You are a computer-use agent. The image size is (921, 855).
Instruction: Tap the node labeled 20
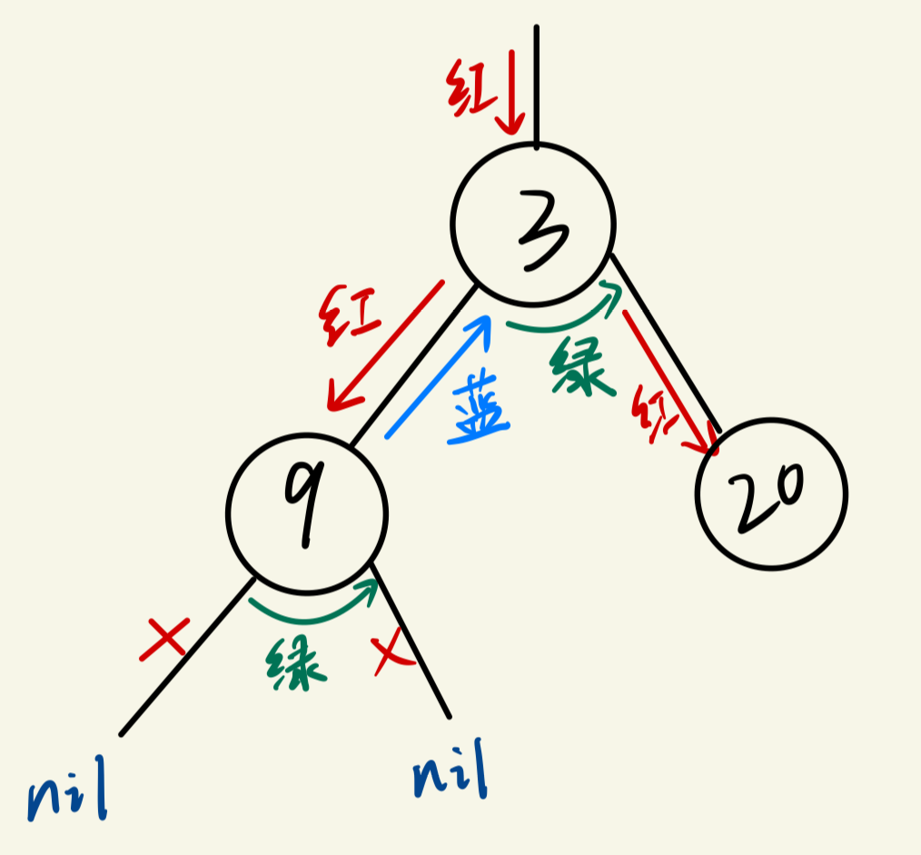(x=771, y=493)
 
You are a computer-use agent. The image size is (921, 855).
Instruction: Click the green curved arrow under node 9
(x=313, y=611)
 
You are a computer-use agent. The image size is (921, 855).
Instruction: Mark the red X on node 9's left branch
(x=165, y=639)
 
